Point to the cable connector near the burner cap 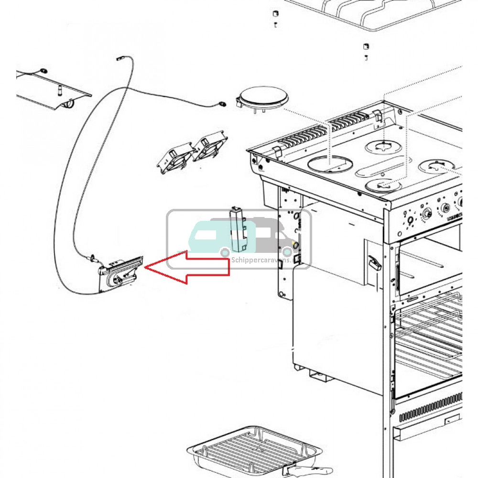[222, 103]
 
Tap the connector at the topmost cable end [119, 59]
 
